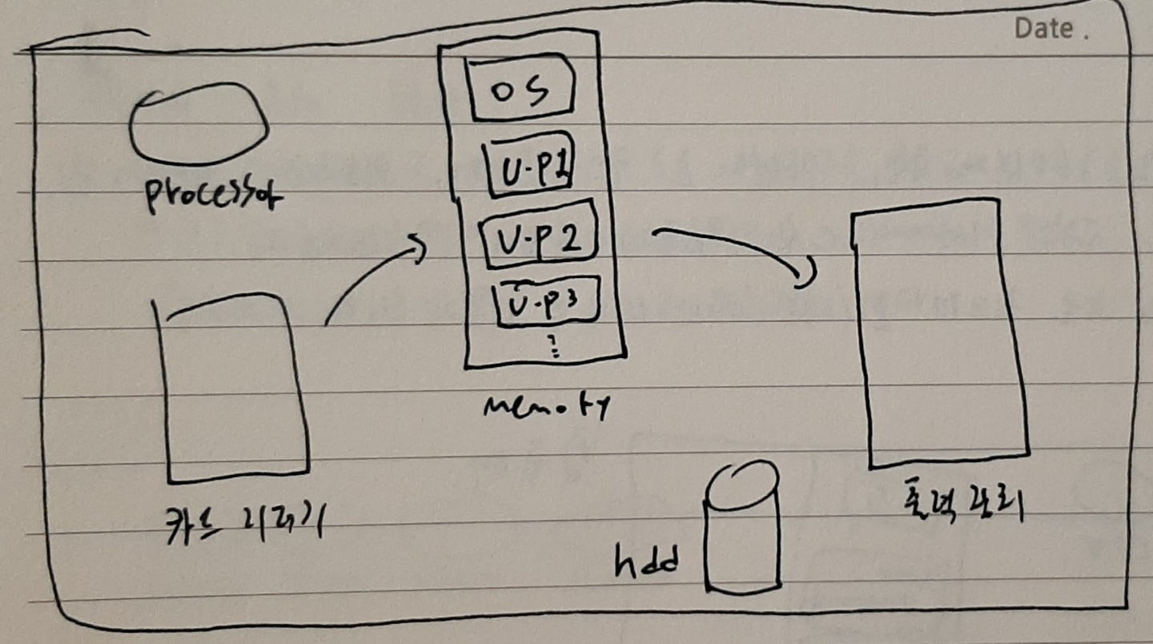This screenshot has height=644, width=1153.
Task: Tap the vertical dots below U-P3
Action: pos(552,347)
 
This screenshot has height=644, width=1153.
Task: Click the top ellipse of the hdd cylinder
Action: pos(741,485)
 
